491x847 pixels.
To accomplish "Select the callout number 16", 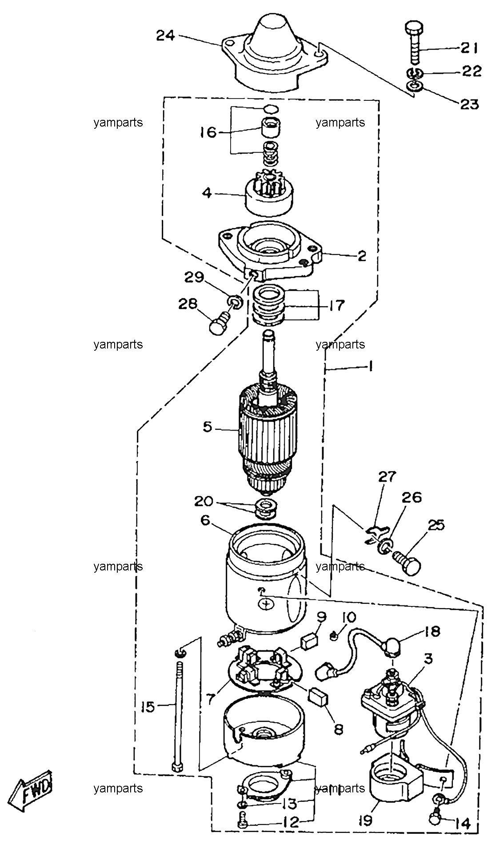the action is click(208, 132).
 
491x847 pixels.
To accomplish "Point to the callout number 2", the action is click(362, 256).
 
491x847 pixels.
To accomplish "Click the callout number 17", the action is click(337, 306).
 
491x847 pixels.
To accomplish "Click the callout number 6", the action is click(205, 520).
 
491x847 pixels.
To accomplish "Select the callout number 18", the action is click(432, 631).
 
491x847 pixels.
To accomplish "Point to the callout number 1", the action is click(370, 367).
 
